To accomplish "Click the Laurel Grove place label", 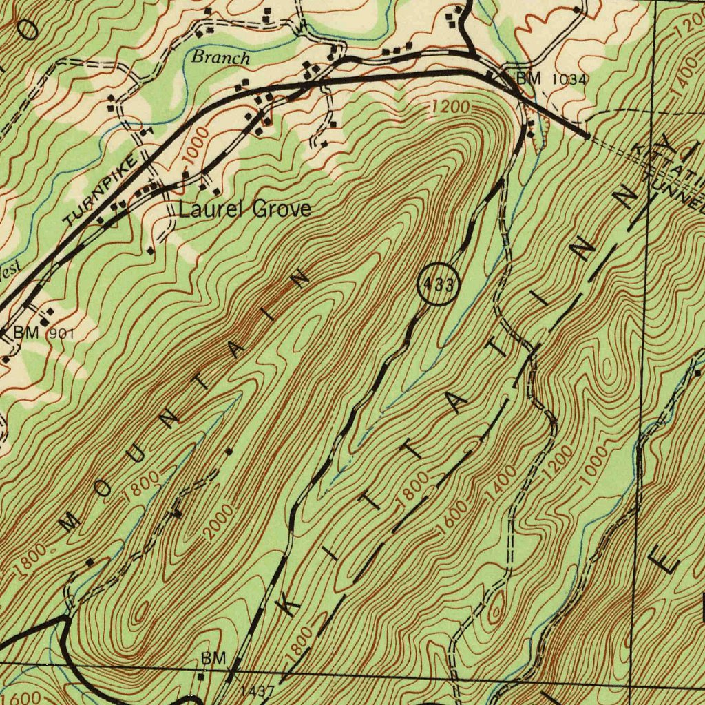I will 244,209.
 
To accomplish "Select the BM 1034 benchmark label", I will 553,79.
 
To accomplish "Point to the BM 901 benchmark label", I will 43,333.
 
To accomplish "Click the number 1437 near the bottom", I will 257,690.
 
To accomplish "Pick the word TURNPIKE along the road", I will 107,191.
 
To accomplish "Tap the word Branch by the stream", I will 220,57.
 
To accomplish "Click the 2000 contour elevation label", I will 219,522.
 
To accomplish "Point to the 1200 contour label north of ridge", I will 452,107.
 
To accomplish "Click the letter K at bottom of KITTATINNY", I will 291,604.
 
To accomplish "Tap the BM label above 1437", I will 213,659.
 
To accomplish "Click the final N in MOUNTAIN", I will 299,279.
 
